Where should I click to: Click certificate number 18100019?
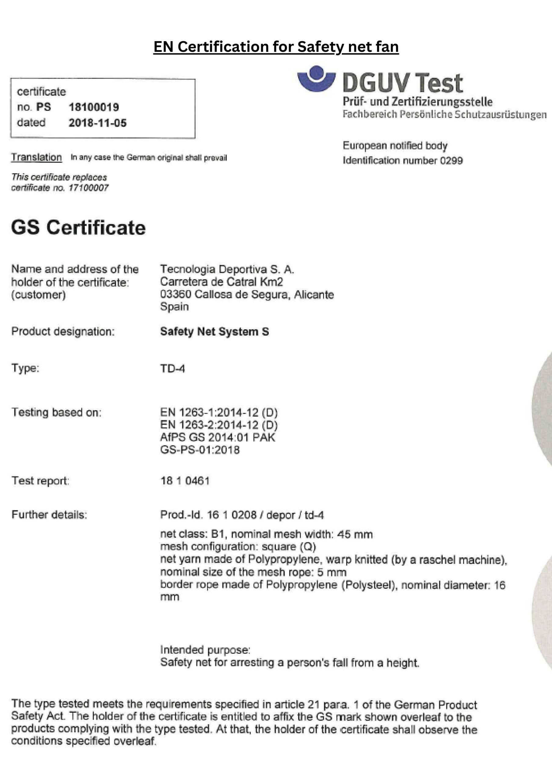pyautogui.click(x=94, y=107)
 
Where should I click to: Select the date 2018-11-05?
pyautogui.click(x=97, y=123)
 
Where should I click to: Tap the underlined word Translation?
pyautogui.click(x=36, y=157)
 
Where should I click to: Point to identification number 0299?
pyautogui.click(x=451, y=160)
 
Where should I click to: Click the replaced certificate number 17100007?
pyautogui.click(x=89, y=188)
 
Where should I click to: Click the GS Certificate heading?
pyautogui.click(x=78, y=227)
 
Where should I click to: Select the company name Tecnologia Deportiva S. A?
pyautogui.click(x=227, y=269)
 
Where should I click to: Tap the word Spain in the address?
pyautogui.click(x=174, y=307)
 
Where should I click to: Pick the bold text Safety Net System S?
pyautogui.click(x=214, y=332)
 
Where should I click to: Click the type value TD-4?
pyautogui.click(x=172, y=369)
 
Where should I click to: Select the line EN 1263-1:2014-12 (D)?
pyautogui.click(x=219, y=412)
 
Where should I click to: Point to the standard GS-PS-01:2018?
pyautogui.click(x=200, y=450)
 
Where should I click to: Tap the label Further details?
pyautogui.click(x=49, y=515)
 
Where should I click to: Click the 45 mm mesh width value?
pyautogui.click(x=355, y=534)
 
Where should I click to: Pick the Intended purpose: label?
pyautogui.click(x=205, y=650)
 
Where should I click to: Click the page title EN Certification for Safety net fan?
pyautogui.click(x=276, y=47)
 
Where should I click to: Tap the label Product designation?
pyautogui.click(x=63, y=332)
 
